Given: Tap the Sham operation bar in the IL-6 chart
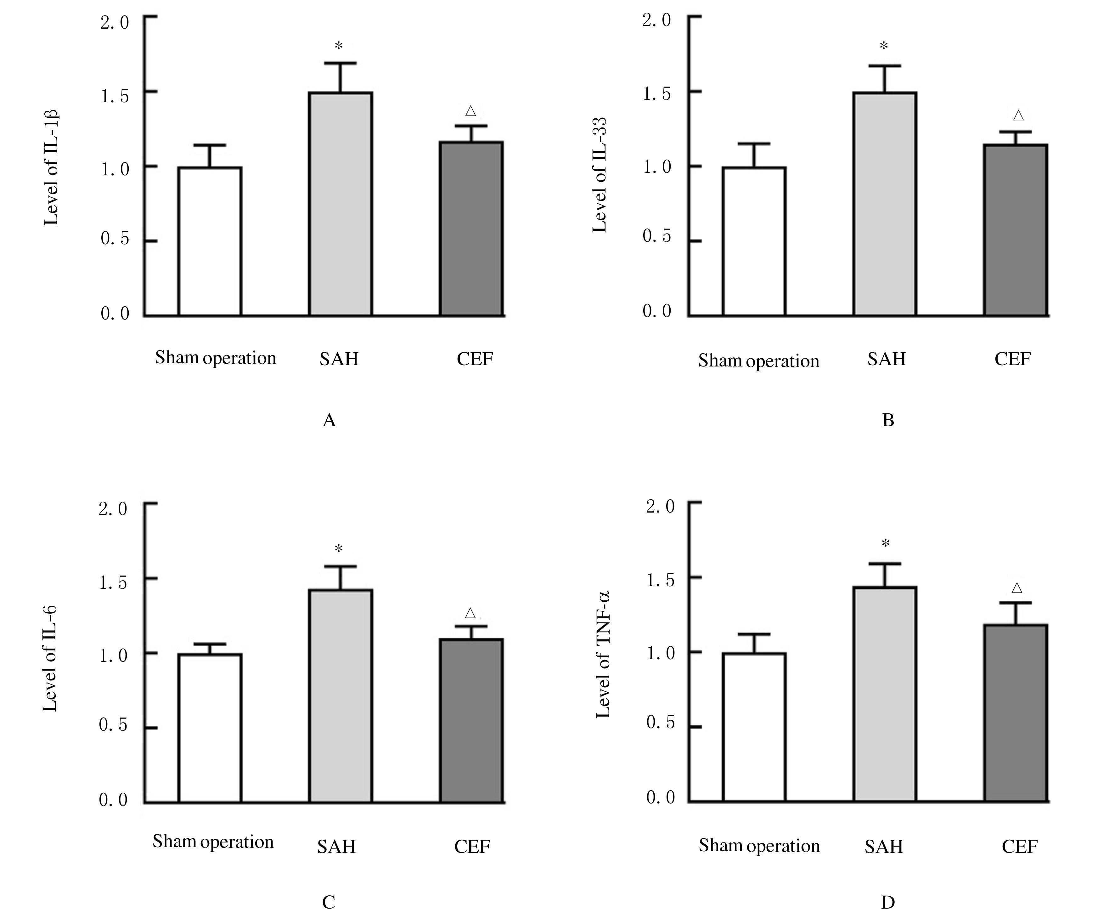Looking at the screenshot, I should (x=210, y=728).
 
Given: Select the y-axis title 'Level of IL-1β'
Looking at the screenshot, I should (x=51, y=167).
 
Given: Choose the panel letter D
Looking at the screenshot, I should (x=887, y=902).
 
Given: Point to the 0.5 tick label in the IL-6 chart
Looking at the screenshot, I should (x=113, y=724).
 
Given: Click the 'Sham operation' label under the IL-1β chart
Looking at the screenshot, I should (x=215, y=358).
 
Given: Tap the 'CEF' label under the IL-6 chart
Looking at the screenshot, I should (x=472, y=847).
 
